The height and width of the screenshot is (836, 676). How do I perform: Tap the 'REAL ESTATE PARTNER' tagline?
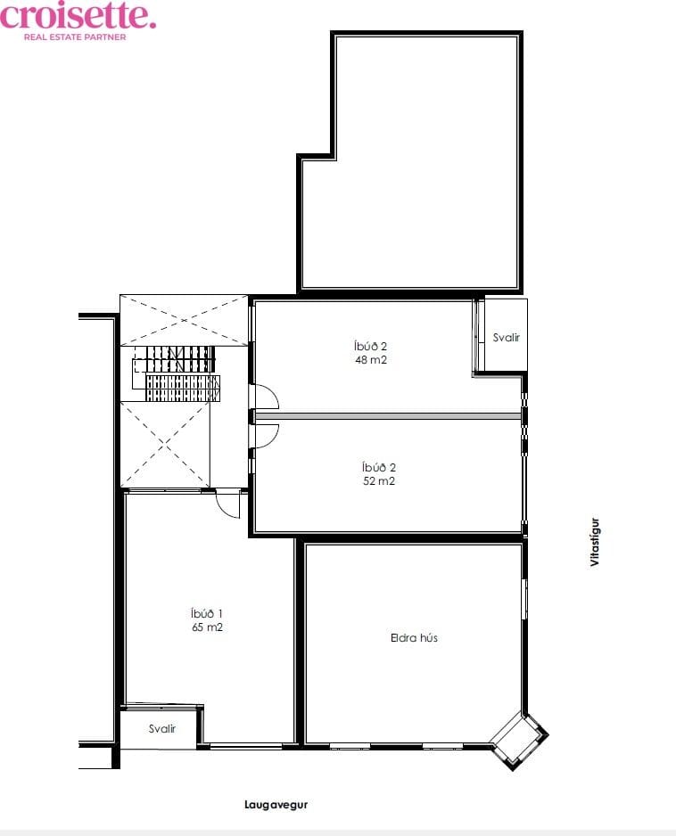(x=75, y=37)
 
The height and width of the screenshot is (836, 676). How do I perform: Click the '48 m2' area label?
(x=371, y=360)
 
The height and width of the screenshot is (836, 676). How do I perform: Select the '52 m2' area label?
(x=379, y=481)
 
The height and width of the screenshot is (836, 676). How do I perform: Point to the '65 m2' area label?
(x=207, y=627)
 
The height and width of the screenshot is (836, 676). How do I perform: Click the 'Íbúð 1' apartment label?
(x=207, y=613)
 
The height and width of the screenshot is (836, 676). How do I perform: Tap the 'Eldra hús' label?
(x=414, y=637)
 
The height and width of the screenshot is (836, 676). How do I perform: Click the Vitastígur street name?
(x=595, y=542)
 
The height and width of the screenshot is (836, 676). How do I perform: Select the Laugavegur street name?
(x=276, y=805)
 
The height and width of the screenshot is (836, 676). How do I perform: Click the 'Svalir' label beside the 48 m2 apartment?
(x=506, y=338)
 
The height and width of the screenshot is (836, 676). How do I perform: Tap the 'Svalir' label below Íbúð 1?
(x=162, y=729)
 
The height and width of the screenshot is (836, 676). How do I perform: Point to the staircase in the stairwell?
(x=176, y=373)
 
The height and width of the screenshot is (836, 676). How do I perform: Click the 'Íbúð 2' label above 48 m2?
(x=370, y=346)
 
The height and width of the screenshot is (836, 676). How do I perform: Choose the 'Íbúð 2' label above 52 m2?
(x=379, y=467)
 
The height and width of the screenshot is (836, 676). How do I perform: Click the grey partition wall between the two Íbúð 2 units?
(x=388, y=416)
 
